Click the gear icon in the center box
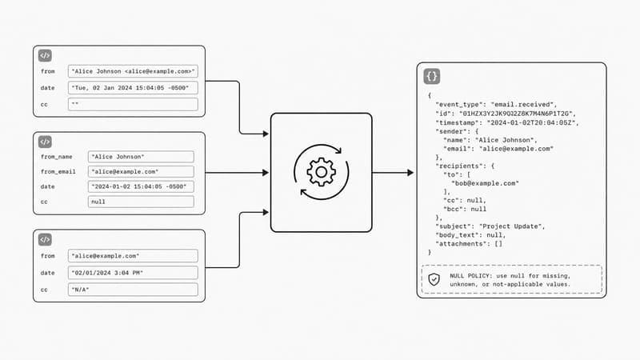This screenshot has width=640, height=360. pos(322,172)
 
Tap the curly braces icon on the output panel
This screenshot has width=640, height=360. pos(431,76)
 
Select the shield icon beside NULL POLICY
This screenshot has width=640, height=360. pos(434,279)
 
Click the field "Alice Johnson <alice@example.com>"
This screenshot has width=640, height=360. pos(133,71)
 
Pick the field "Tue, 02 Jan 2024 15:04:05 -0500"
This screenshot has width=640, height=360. pos(133,88)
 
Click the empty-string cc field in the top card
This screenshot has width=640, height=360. pos(133,105)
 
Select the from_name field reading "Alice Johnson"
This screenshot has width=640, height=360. pos(141,157)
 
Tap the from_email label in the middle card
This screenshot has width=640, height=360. pos(58,172)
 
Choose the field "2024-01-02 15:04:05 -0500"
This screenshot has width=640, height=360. pos(141,186)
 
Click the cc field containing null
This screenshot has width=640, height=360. pos(141,202)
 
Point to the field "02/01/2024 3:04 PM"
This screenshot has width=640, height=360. pos(133,273)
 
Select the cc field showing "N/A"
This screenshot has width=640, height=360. pos(133,290)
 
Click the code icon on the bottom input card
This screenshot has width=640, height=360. pos(45,239)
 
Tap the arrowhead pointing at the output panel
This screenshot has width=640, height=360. pos(410,173)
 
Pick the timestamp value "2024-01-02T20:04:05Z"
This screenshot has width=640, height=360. pos(531,122)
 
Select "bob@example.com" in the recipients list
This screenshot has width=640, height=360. pos(485,183)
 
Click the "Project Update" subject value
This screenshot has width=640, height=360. pos(510,226)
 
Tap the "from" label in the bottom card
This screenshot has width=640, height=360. pos(48,256)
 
